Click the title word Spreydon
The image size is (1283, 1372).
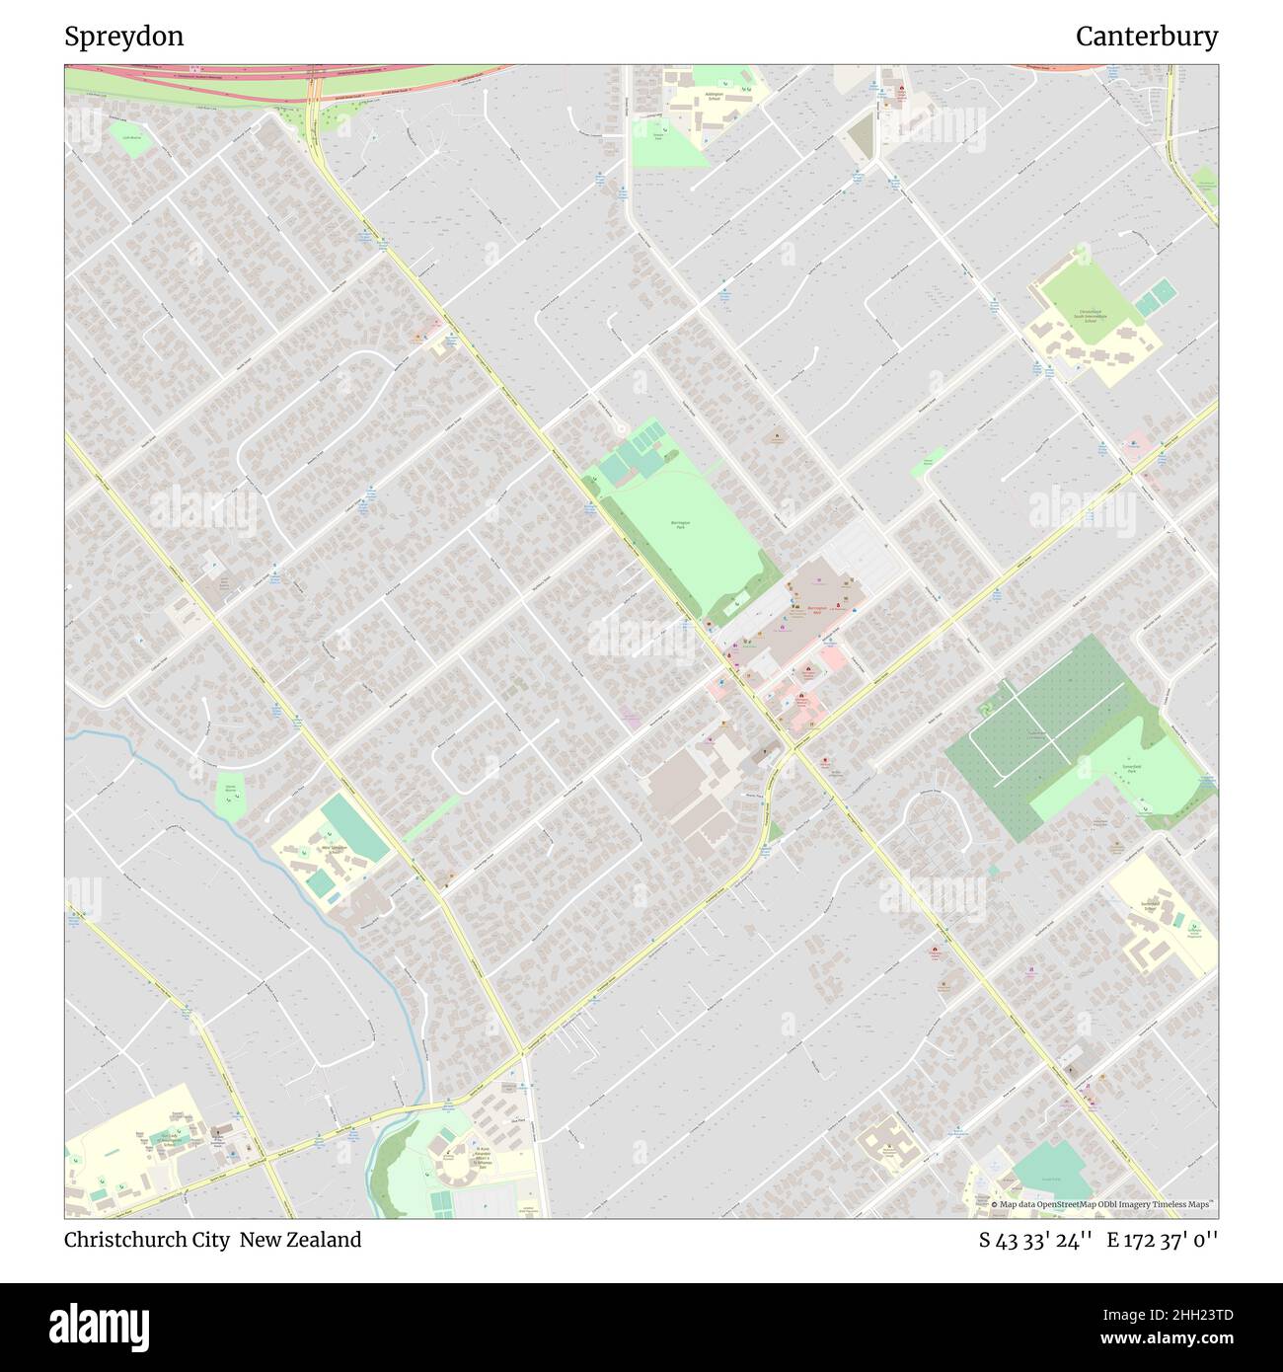click(123, 37)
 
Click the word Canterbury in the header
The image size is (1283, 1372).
click(1146, 37)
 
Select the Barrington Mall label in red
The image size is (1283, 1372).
click(815, 609)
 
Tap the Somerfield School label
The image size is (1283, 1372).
click(1149, 906)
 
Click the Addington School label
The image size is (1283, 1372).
click(713, 97)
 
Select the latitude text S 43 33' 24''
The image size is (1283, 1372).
click(1034, 1240)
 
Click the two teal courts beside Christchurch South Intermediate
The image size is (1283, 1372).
click(1154, 298)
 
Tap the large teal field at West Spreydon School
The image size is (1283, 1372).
click(353, 827)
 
